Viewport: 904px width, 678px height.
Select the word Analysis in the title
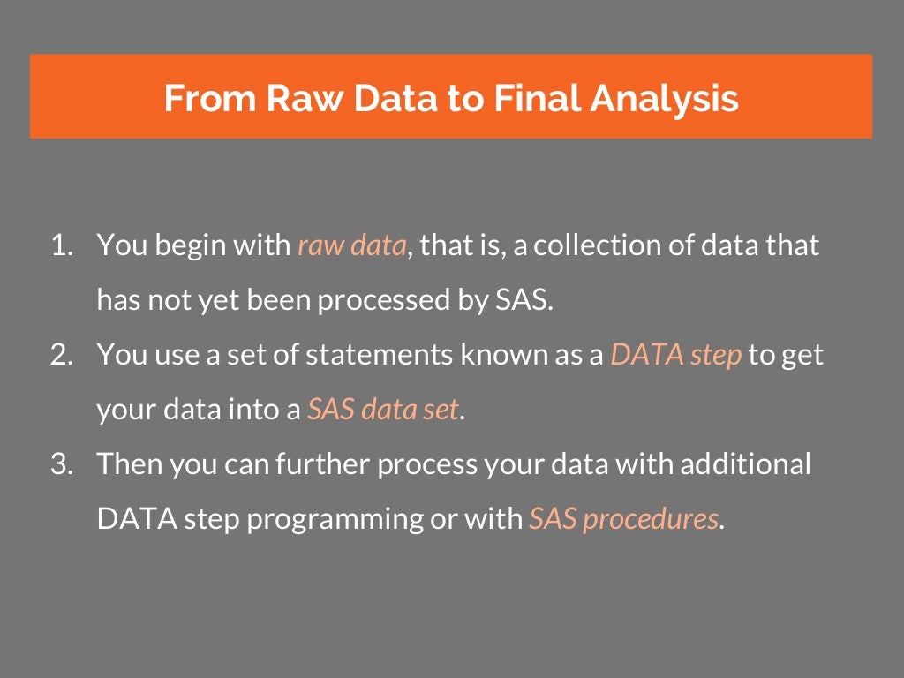(x=665, y=98)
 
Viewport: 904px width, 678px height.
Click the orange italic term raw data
(x=351, y=245)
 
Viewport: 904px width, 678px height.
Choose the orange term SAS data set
(x=383, y=410)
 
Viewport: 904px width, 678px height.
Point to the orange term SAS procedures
(x=623, y=519)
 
